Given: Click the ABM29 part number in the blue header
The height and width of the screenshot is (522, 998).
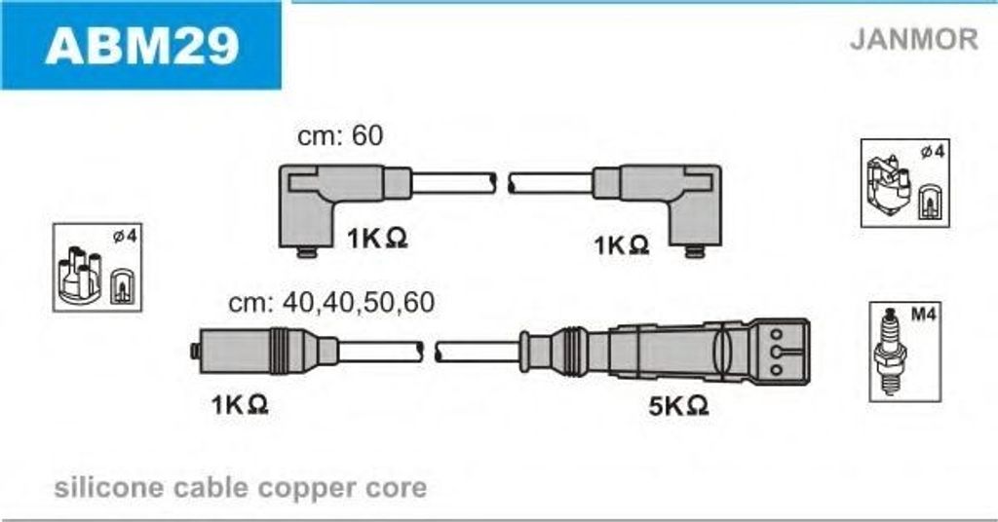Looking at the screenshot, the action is click(141, 45).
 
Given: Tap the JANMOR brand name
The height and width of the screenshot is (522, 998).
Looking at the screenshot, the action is click(913, 39).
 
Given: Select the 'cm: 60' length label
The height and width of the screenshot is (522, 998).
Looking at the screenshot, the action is click(340, 135).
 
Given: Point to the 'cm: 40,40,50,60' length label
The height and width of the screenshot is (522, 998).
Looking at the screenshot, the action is click(331, 303).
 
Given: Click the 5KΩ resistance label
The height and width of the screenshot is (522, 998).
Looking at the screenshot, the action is click(678, 405).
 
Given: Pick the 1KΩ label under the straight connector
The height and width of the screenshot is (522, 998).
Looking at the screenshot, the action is click(240, 404).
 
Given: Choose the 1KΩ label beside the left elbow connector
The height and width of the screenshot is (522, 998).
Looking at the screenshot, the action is click(377, 239).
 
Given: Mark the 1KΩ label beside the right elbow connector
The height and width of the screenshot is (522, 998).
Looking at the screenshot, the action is click(621, 244).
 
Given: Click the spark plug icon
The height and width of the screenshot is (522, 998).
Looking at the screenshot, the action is click(887, 352).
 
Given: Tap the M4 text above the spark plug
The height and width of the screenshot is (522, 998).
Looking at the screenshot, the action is click(924, 314).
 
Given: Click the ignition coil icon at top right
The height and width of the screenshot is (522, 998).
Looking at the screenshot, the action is click(887, 183).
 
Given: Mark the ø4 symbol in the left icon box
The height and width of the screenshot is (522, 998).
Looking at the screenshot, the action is click(125, 237).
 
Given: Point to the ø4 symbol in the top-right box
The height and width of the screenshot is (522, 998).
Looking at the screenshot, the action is click(933, 151).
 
